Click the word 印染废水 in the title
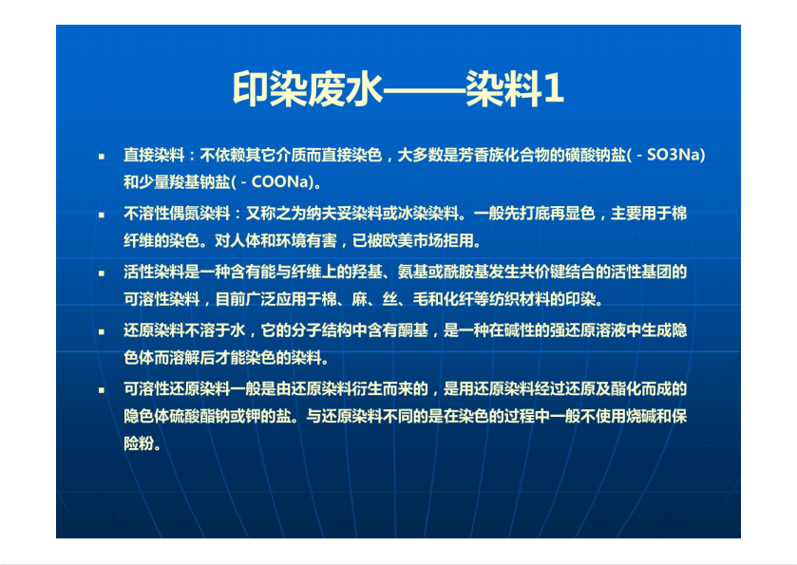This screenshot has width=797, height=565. pos(308,89)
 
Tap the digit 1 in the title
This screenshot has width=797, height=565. pos(553,89)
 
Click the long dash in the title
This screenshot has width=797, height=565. pos(424,91)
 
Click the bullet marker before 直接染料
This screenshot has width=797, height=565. pos(102,156)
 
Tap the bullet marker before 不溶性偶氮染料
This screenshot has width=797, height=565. pos(102,215)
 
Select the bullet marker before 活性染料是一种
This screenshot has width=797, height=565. pos(102,273)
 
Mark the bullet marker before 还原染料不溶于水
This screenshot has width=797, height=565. pos(102,331)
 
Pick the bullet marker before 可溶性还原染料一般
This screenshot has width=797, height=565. pos(102,390)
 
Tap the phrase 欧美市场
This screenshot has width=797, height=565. pos(412,240)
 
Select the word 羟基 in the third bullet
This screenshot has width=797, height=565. pos(367,272)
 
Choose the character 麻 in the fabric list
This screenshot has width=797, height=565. pos(359,299)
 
